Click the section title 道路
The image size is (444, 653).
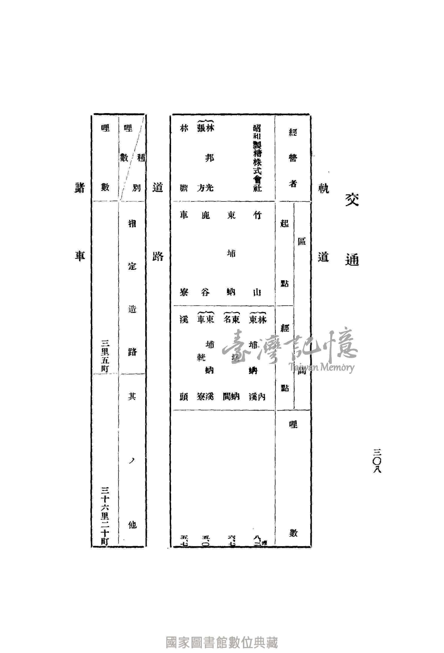pyautogui.click(x=158, y=222)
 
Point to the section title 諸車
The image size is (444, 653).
pyautogui.click(x=80, y=222)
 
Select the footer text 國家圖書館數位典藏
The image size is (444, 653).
pyautogui.click(x=222, y=634)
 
